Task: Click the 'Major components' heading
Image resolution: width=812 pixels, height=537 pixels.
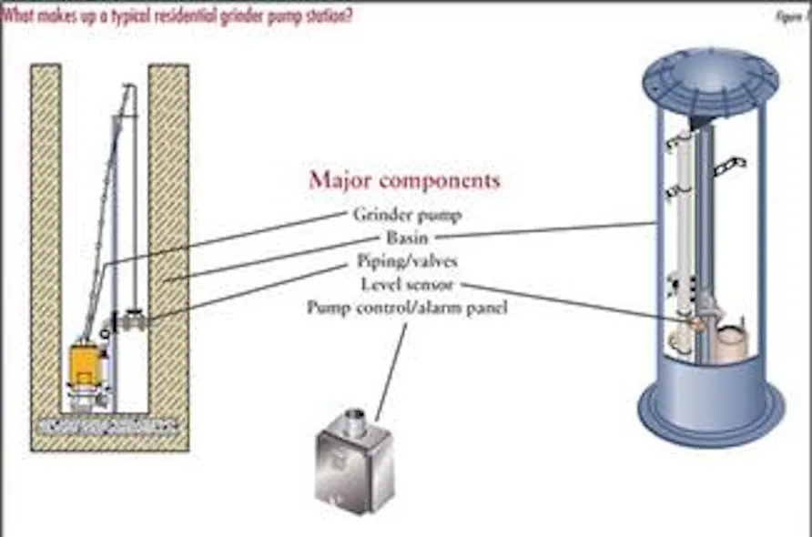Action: tap(404, 180)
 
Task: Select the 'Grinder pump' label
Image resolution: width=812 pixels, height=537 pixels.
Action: tap(407, 216)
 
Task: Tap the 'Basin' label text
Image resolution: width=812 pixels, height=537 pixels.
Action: tap(407, 238)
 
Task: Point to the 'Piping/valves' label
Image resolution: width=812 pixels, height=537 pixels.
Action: tap(407, 262)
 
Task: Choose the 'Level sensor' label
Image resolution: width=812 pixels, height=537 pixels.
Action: tap(407, 285)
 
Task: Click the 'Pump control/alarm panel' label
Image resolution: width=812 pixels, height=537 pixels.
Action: tap(407, 308)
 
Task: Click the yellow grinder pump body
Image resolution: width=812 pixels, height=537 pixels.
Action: tap(89, 364)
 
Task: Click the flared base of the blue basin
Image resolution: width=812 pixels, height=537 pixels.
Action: tap(710, 410)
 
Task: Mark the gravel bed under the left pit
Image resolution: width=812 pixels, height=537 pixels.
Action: tap(109, 424)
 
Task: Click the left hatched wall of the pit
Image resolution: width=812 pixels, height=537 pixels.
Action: tap(46, 246)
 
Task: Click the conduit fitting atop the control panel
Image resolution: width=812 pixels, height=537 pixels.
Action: tap(359, 420)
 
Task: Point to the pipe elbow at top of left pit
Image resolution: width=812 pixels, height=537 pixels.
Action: tap(130, 88)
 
